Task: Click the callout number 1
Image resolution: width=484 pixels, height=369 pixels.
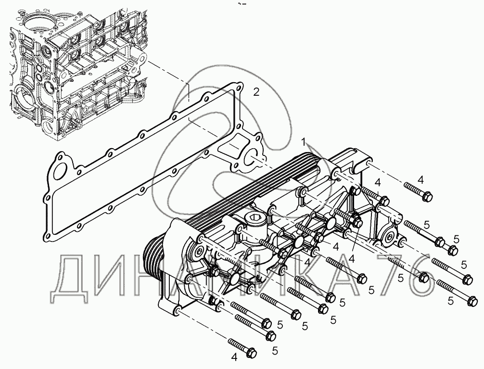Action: pyautogui.click(x=304, y=142)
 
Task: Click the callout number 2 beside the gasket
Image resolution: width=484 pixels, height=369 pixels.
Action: pyautogui.click(x=256, y=92)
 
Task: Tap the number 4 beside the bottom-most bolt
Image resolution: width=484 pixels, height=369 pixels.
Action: pyautogui.click(x=234, y=357)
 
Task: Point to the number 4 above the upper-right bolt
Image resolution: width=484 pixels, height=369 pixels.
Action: pyautogui.click(x=421, y=180)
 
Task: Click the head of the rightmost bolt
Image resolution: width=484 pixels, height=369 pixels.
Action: pyautogui.click(x=472, y=301)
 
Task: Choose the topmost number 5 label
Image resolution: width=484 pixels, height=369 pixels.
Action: pyautogui.click(x=427, y=225)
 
